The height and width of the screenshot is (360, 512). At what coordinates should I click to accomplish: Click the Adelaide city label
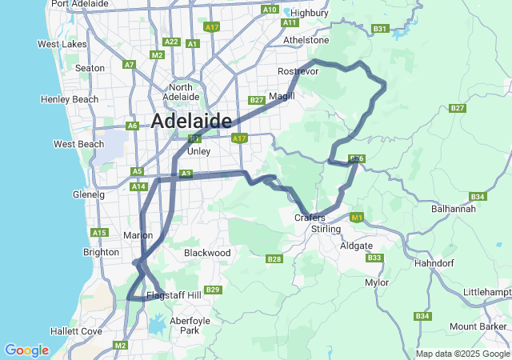191,122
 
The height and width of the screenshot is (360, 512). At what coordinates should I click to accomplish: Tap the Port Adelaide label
80,4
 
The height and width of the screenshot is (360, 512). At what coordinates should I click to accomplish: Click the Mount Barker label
478,326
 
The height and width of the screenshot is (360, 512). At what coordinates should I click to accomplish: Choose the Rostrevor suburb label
298,72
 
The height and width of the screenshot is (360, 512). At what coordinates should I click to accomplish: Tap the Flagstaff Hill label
173,296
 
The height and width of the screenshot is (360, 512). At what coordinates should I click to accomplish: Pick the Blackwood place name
207,253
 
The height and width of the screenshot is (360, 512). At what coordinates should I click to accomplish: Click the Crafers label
310,218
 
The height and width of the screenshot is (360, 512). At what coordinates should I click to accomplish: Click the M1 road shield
357,217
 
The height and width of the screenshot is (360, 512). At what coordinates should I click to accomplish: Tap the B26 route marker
357,159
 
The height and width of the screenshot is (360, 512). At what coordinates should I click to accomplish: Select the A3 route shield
186,174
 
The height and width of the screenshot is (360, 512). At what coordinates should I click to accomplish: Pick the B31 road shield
380,30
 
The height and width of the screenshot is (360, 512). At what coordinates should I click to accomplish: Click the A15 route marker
99,233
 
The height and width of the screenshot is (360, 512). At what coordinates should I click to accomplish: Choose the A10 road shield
270,10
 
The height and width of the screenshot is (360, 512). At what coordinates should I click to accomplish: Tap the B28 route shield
274,258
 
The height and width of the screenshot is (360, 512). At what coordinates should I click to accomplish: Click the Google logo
26,350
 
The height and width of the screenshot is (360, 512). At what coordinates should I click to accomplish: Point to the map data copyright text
462,354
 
